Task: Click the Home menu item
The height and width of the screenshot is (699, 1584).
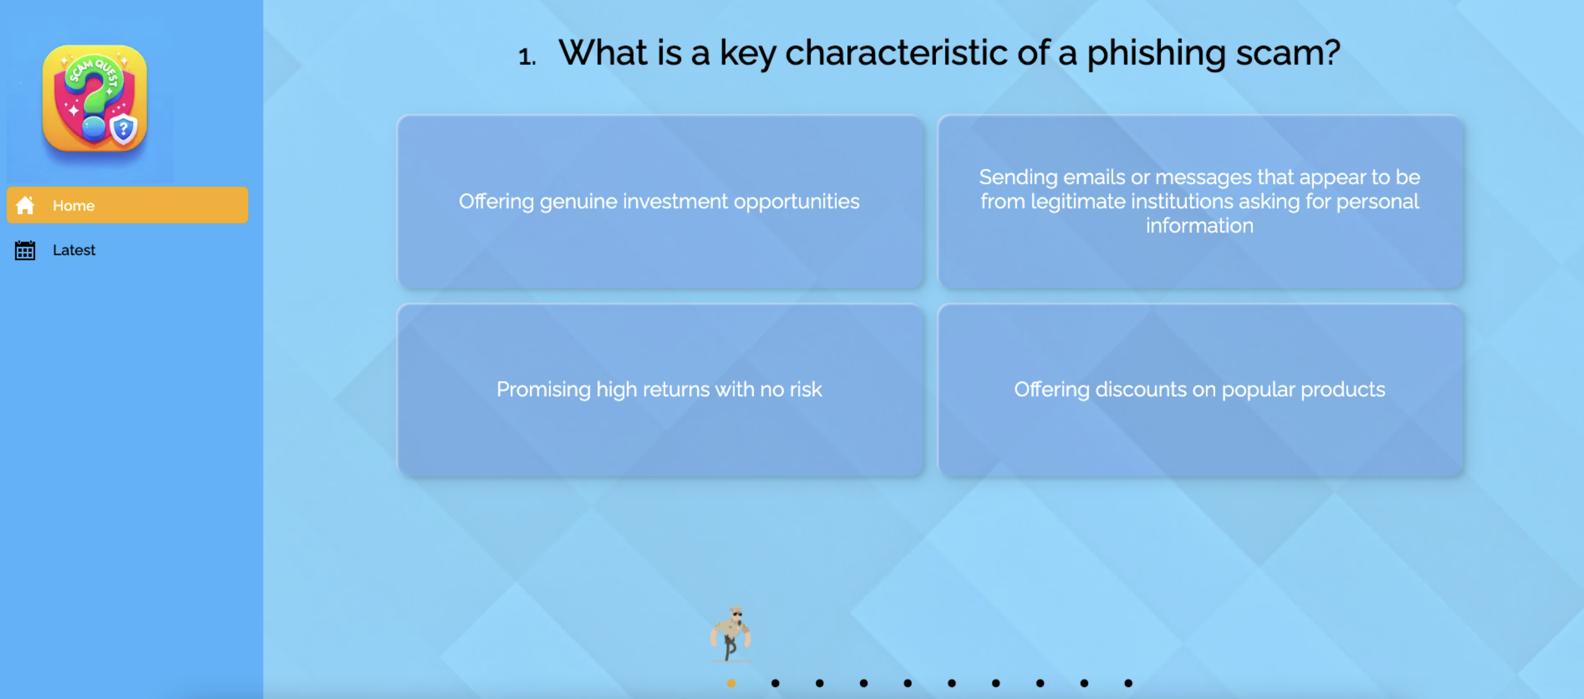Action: coord(127,205)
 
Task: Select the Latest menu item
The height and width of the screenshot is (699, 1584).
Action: coord(74,250)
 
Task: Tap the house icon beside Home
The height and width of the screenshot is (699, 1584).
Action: coord(25,205)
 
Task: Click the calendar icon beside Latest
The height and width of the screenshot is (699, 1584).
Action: coord(25,250)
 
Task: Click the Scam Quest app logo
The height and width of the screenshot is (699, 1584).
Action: coord(95,98)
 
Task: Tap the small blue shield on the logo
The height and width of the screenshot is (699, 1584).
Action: coord(124,129)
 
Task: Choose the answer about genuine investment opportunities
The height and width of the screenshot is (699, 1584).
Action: coord(660,201)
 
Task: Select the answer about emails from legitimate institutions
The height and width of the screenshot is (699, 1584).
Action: coord(1200,201)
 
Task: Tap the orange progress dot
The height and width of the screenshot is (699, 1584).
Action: coord(731,683)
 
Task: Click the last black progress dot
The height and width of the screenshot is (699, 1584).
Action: coord(1129,683)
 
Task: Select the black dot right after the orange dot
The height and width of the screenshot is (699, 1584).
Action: coord(776,683)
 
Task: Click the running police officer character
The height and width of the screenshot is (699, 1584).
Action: coord(731,634)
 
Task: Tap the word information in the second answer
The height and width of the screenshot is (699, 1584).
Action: coord(1200,226)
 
